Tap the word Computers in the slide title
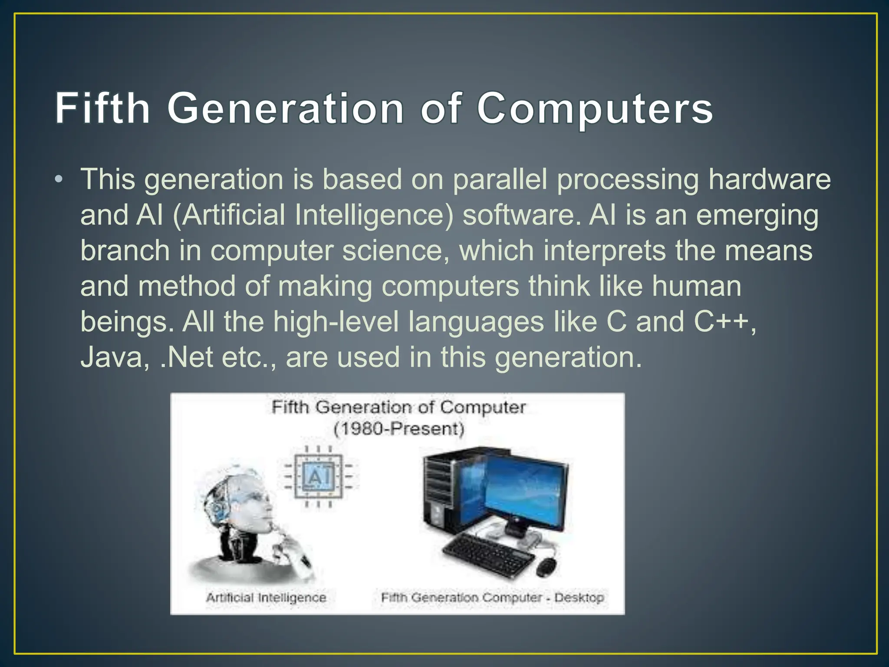(595, 109)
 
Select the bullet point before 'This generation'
(59, 179)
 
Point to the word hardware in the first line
(769, 179)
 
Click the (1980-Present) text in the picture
(398, 429)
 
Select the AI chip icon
(318, 477)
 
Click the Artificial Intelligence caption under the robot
(266, 598)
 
